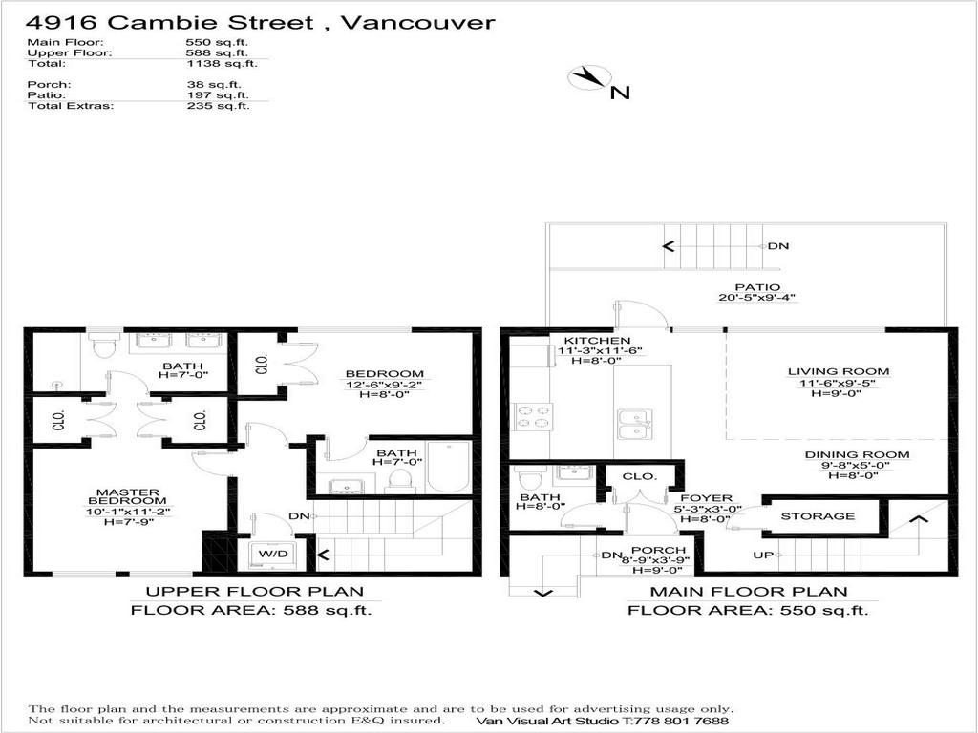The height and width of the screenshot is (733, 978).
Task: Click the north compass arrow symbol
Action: click(589, 78)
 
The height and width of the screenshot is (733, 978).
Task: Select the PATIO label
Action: click(757, 286)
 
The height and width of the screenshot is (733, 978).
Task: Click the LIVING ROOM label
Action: click(838, 371)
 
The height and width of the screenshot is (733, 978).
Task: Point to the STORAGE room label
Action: click(818, 516)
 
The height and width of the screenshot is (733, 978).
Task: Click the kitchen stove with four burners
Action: click(534, 416)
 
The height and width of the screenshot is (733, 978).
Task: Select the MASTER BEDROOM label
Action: click(125, 497)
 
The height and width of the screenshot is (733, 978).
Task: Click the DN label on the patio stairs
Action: click(777, 245)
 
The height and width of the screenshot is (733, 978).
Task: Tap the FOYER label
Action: click(706, 498)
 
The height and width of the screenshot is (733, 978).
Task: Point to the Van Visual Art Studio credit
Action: click(602, 721)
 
